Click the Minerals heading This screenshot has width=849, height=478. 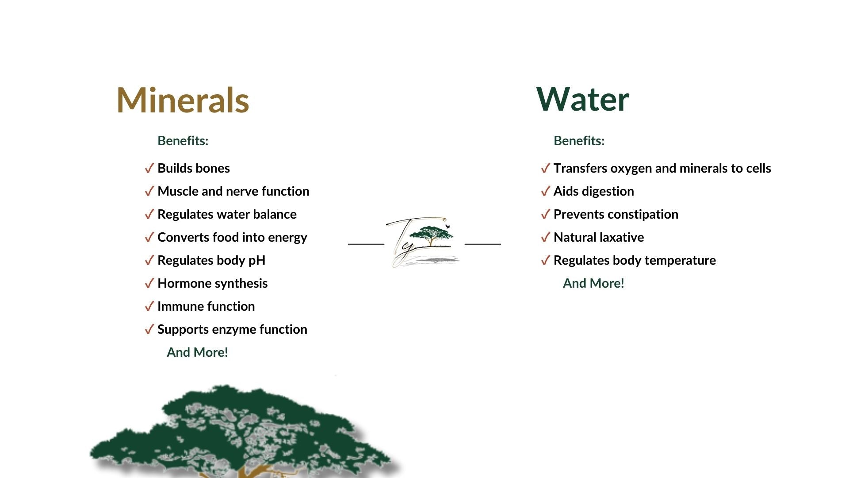pos(183,100)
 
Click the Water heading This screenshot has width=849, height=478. pos(582,99)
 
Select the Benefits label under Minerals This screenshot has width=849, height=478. pos(183,141)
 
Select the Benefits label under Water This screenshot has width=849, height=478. pos(579,141)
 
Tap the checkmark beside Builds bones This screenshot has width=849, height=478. pos(149,168)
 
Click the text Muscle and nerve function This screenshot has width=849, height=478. pos(233,191)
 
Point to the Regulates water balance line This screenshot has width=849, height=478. pos(227,214)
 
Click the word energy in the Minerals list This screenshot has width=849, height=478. pos(287,238)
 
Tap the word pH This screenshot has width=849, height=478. pos(257,261)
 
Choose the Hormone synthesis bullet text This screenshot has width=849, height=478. pos(213,284)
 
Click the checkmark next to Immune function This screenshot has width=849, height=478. pos(149,306)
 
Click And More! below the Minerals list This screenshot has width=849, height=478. pos(197,352)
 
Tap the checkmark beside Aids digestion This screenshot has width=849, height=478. pos(545,191)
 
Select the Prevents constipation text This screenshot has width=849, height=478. pos(616,215)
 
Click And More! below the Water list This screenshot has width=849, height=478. pos(593,283)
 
